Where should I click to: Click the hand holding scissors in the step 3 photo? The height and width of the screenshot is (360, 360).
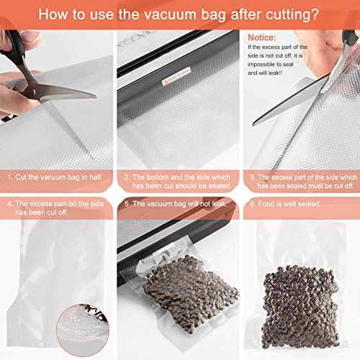pyautogui.click(x=338, y=50)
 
